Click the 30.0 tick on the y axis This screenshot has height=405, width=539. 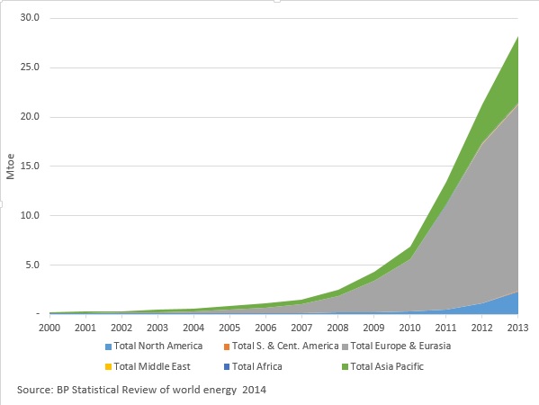pyautogui.click(x=30, y=17)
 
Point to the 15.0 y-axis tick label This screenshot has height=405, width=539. pyautogui.click(x=30, y=166)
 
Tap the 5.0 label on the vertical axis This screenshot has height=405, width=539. pyautogui.click(x=32, y=265)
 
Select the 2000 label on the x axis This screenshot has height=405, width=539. pyautogui.click(x=49, y=328)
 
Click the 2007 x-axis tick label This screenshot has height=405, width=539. pyautogui.click(x=301, y=328)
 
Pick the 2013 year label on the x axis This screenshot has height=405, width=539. pyautogui.click(x=517, y=328)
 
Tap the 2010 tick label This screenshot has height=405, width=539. pyautogui.click(x=409, y=328)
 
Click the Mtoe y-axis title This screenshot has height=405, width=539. pyautogui.click(x=11, y=166)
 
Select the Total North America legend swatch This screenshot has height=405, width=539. pyautogui.click(x=108, y=346)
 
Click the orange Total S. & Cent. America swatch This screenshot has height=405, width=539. pyautogui.click(x=227, y=346)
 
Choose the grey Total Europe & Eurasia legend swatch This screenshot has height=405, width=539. pyautogui.click(x=345, y=346)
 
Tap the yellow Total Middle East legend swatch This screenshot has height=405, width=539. pyautogui.click(x=108, y=367)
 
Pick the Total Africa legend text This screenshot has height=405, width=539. pyautogui.click(x=257, y=366)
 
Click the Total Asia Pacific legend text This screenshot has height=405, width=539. pyautogui.click(x=387, y=366)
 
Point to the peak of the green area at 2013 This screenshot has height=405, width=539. pyautogui.click(x=517, y=37)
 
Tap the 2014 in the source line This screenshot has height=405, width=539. pyautogui.click(x=254, y=390)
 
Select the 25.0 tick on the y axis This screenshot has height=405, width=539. pyautogui.click(x=30, y=67)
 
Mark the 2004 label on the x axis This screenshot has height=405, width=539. pyautogui.click(x=193, y=328)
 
